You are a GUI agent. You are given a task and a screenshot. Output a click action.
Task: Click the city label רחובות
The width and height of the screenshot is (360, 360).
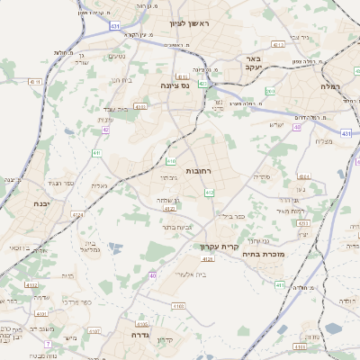(x=197, y=170)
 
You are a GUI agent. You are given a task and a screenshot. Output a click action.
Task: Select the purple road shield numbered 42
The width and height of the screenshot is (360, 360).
(x=105, y=130)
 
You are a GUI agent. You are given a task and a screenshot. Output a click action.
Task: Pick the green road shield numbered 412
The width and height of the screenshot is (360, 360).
(x=210, y=192)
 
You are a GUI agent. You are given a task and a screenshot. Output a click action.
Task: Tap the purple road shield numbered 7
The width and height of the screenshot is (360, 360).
(x=48, y=343)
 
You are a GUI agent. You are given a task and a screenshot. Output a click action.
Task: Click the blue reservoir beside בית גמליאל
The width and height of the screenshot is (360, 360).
(x=113, y=246)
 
